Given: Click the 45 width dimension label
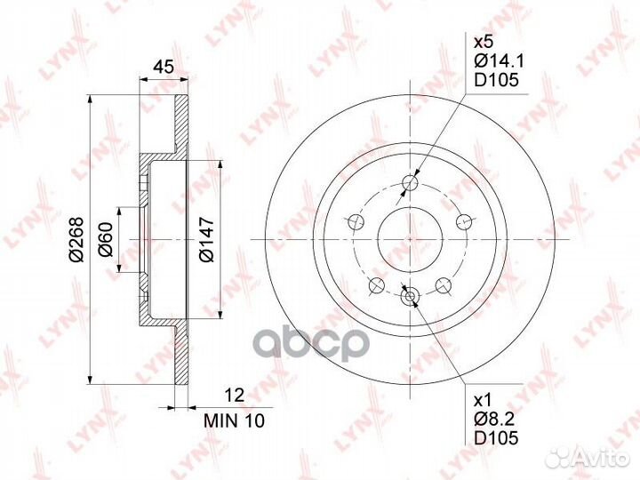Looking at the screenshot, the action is point(163,67).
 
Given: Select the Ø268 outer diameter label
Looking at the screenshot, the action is point(76,240).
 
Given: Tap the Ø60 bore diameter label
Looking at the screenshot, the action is point(105,239).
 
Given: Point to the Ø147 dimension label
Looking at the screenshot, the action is point(206,240).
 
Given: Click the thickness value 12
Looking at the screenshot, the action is point(235,395).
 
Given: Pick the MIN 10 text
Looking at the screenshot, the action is point(235,420).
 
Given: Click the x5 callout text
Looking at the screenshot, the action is point(484,42).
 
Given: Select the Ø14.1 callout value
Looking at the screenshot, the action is point(499,60).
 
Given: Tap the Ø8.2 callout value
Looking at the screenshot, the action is point(494,419).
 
